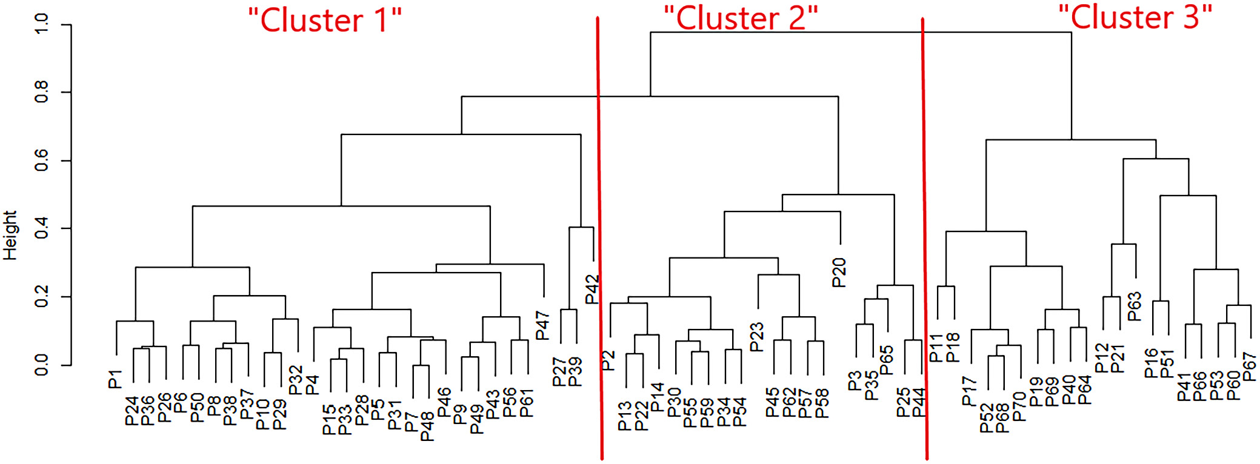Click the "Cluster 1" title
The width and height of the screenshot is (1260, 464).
pyautogui.click(x=325, y=21)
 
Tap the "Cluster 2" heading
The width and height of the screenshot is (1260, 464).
pyautogui.click(x=741, y=18)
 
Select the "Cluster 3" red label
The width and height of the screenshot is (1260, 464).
pyautogui.click(x=1135, y=17)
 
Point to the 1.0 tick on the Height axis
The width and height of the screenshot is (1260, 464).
pyautogui.click(x=41, y=24)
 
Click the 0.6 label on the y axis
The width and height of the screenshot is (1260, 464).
pyautogui.click(x=41, y=161)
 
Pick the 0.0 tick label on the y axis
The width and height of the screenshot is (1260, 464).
pyautogui.click(x=41, y=365)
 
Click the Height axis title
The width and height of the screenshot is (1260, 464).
pyautogui.click(x=10, y=235)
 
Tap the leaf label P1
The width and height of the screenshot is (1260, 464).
pyautogui.click(x=115, y=379)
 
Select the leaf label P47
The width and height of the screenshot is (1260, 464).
pyautogui.click(x=542, y=325)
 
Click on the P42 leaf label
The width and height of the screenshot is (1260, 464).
pyautogui.click(x=592, y=289)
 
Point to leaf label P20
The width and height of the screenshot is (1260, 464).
pyautogui.click(x=839, y=273)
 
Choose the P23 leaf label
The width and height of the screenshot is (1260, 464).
pyautogui.click(x=756, y=337)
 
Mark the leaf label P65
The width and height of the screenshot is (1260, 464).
pyautogui.click(x=886, y=360)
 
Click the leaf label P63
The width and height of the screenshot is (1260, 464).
pyautogui.click(x=1134, y=307)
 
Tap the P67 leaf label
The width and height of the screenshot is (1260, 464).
pyautogui.click(x=1249, y=367)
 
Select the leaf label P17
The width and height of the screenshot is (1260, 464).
pyautogui.click(x=969, y=391)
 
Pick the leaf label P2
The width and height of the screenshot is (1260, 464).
pyautogui.click(x=608, y=361)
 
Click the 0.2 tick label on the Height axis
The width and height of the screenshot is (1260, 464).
pyautogui.click(x=41, y=297)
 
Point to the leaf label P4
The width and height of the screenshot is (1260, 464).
pyautogui.click(x=312, y=385)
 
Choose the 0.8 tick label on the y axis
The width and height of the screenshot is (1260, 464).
pyautogui.click(x=41, y=92)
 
